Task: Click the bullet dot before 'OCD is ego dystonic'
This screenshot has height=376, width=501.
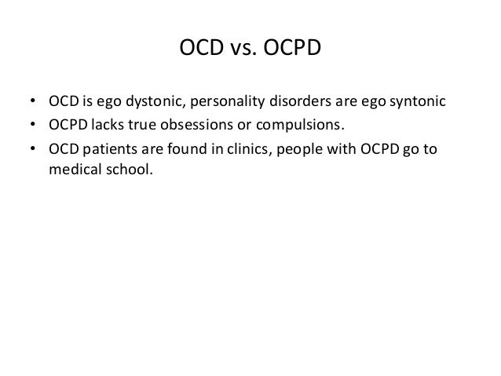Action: [32, 104]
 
